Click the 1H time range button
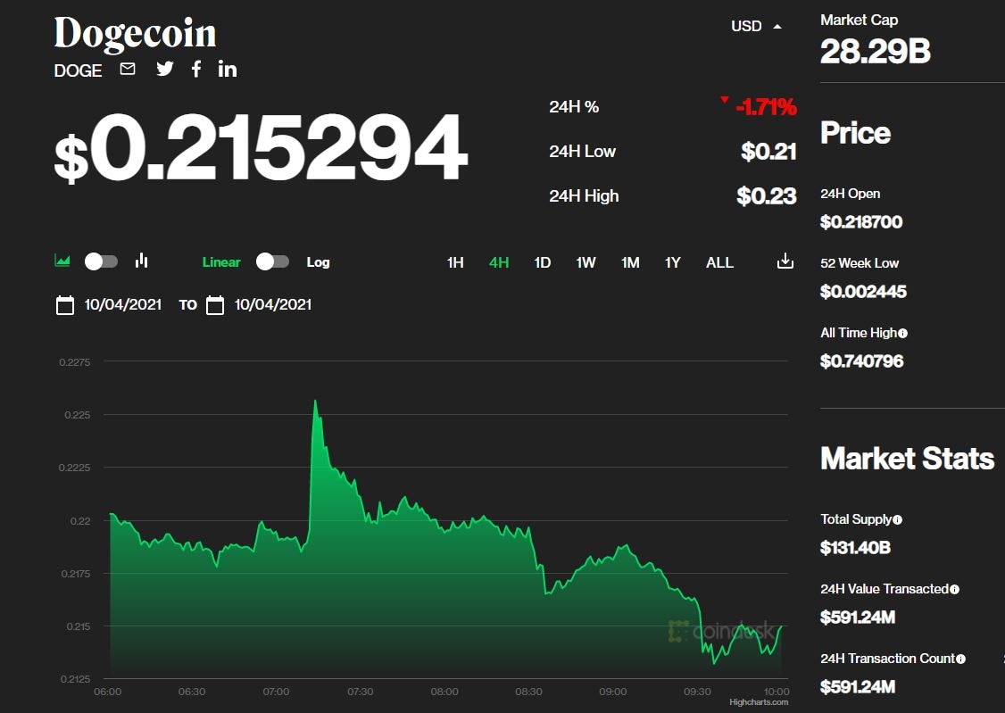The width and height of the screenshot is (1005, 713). point(455,262)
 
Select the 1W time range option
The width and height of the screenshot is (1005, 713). point(586,262)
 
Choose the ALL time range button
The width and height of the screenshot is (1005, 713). point(719,262)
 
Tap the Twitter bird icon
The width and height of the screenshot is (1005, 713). point(165,69)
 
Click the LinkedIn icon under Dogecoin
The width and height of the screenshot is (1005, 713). point(228,69)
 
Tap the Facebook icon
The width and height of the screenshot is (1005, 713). point(196,69)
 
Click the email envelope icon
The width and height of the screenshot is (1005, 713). point(128,69)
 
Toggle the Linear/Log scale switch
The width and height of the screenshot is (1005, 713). point(272,261)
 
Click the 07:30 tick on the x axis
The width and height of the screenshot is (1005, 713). point(360,692)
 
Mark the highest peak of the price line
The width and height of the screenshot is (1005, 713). point(315,401)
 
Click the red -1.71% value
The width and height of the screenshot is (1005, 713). point(766,108)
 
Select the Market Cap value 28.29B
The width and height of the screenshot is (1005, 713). point(875,52)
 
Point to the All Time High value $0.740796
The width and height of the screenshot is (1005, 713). point(861,361)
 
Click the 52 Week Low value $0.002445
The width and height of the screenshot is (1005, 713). point(863,292)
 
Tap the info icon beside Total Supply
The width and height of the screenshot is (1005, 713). point(897,519)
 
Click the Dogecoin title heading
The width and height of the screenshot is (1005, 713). point(135,34)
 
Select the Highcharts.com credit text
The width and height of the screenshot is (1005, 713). point(759,702)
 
